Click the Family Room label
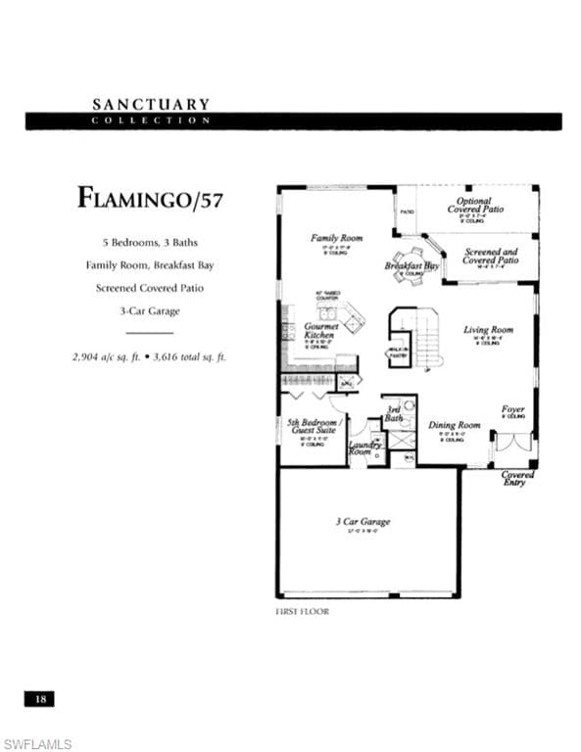tap(336, 238)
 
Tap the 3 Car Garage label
tap(363, 522)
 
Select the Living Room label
tap(488, 330)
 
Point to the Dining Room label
tap(455, 426)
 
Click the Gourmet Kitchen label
tap(320, 331)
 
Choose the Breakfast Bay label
tap(412, 265)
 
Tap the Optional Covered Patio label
tap(476, 205)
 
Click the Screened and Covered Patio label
tap(491, 257)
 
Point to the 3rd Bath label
tap(393, 414)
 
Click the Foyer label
tap(512, 409)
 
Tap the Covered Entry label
tap(518, 479)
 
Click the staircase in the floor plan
tap(427, 338)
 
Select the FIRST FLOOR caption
tap(303, 611)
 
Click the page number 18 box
tap(40, 699)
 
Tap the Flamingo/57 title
tap(150, 198)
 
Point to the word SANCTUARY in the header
tap(151, 103)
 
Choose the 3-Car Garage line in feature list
tap(151, 311)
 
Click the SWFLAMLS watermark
tap(37, 744)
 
